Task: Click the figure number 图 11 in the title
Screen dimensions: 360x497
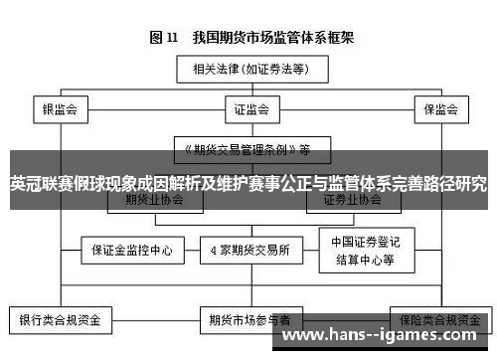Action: coord(164,38)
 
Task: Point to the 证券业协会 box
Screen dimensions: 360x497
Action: coord(352,199)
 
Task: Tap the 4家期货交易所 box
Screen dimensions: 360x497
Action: coord(248,250)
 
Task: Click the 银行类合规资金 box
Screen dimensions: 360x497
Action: coord(61,320)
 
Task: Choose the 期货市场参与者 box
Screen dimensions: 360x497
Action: coord(248,320)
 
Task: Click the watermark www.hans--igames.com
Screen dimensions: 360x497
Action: coord(384,339)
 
